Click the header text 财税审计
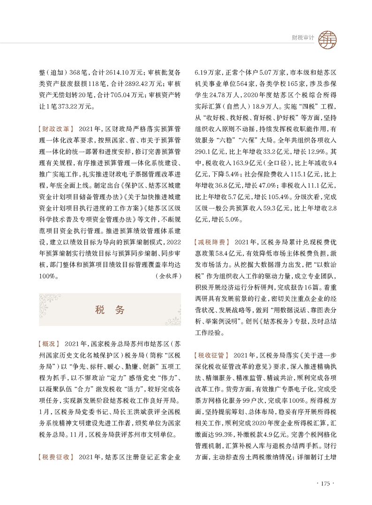click(303, 38)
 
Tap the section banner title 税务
click(110, 310)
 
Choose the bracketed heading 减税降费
click(211, 242)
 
